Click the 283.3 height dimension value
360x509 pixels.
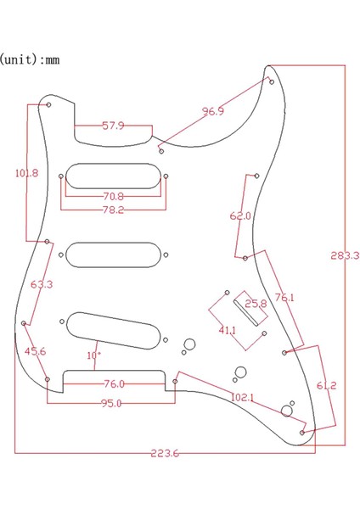tap(346, 255)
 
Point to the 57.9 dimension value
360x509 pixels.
tap(114, 126)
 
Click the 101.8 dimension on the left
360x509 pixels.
tap(26, 173)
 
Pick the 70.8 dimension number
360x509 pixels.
tap(113, 197)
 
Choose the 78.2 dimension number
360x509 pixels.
tap(113, 210)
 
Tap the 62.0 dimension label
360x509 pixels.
tap(240, 216)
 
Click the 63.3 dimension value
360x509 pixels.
tap(42, 285)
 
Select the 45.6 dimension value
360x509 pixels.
tap(35, 351)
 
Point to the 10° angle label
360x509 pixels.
tap(93, 355)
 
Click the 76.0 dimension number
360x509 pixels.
tap(113, 383)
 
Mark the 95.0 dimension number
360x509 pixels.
tap(111, 404)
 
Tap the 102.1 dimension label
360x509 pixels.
tap(243, 397)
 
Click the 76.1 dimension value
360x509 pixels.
tap(284, 298)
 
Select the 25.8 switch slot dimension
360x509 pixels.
tap(256, 303)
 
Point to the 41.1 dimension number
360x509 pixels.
tap(228, 330)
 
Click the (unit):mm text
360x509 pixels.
tap(29, 60)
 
